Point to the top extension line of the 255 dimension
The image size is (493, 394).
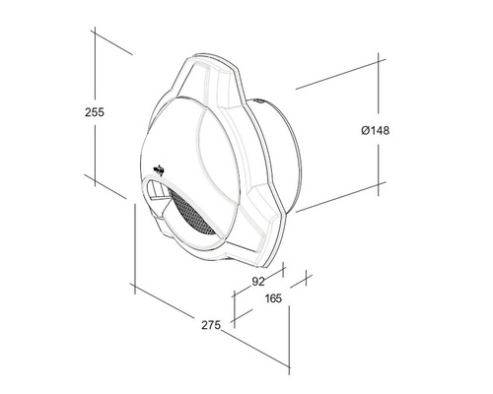(x=113, y=39)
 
